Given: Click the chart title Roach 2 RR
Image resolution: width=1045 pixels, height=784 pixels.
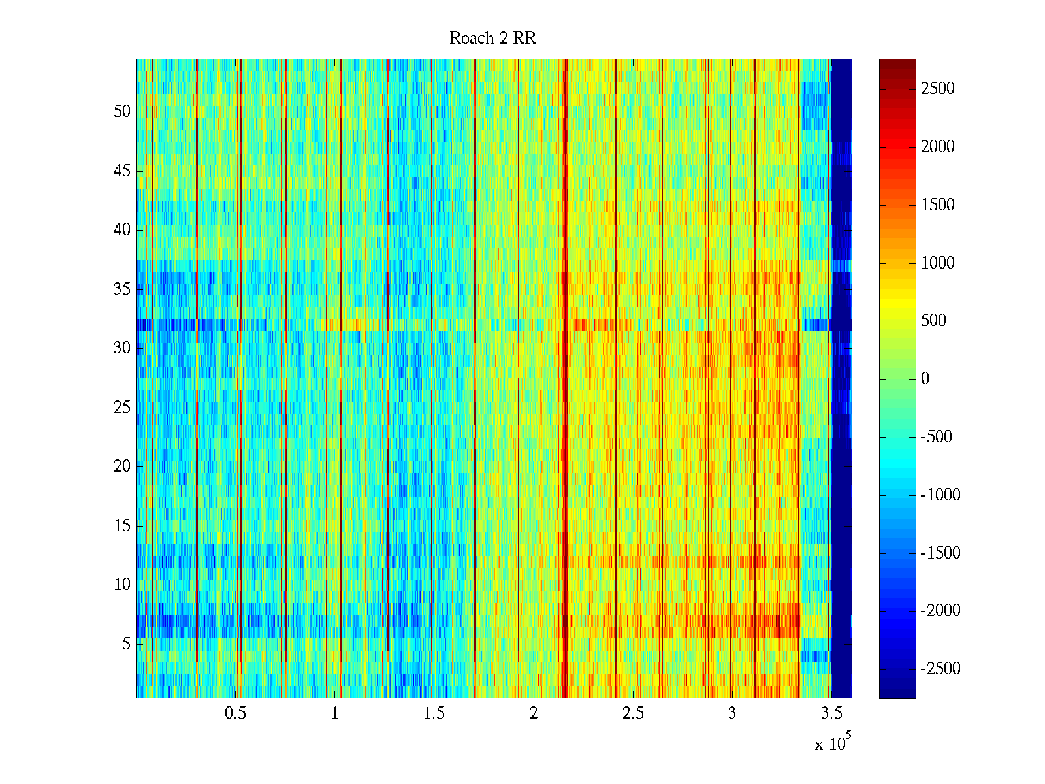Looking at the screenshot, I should pos(492,39).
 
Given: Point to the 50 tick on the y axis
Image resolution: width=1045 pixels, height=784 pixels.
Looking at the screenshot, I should pos(122,112).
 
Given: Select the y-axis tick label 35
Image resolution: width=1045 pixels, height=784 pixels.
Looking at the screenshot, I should pos(122,289).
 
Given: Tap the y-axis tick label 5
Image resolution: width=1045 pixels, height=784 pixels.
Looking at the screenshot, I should pos(126,644).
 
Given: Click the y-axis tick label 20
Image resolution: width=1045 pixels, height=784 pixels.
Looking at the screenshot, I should pos(122,466).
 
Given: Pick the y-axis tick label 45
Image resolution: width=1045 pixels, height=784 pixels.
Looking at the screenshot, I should pos(122,171).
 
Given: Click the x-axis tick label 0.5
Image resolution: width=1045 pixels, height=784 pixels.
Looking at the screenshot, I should pos(235,713).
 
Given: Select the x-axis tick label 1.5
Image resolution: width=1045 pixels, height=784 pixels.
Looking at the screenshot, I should pos(434,713).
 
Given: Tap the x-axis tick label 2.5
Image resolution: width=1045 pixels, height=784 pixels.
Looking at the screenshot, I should pos(633,713).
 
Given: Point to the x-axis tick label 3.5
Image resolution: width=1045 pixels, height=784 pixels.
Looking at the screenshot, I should pos(831,713).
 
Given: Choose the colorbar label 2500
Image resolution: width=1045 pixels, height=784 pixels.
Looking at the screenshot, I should pos(938,89).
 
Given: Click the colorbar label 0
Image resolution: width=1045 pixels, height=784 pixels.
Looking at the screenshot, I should pos(925,379).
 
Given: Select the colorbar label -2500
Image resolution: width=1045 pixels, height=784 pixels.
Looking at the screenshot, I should pos(940,669).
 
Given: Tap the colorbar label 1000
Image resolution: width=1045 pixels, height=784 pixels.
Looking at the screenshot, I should pos(938,263).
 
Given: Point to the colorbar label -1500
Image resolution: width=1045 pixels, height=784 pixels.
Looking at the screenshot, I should pos(940,553).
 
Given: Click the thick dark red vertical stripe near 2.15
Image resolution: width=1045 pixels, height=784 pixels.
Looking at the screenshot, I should pos(565,379).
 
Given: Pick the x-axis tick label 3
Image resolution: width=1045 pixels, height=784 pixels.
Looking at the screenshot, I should pos(732,713).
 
